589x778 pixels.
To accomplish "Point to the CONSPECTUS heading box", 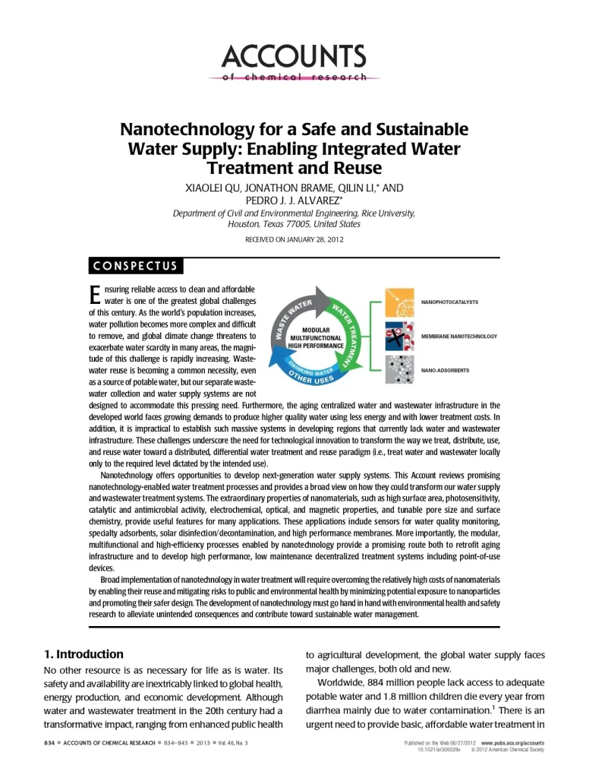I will coord(135,265).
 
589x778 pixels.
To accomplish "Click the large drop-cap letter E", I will coord(95,294).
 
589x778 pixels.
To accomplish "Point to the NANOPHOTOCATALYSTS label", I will coord(449,302).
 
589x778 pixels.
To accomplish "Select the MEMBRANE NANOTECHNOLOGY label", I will coord(458,336).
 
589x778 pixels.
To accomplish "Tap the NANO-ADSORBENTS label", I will coord(445,371).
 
